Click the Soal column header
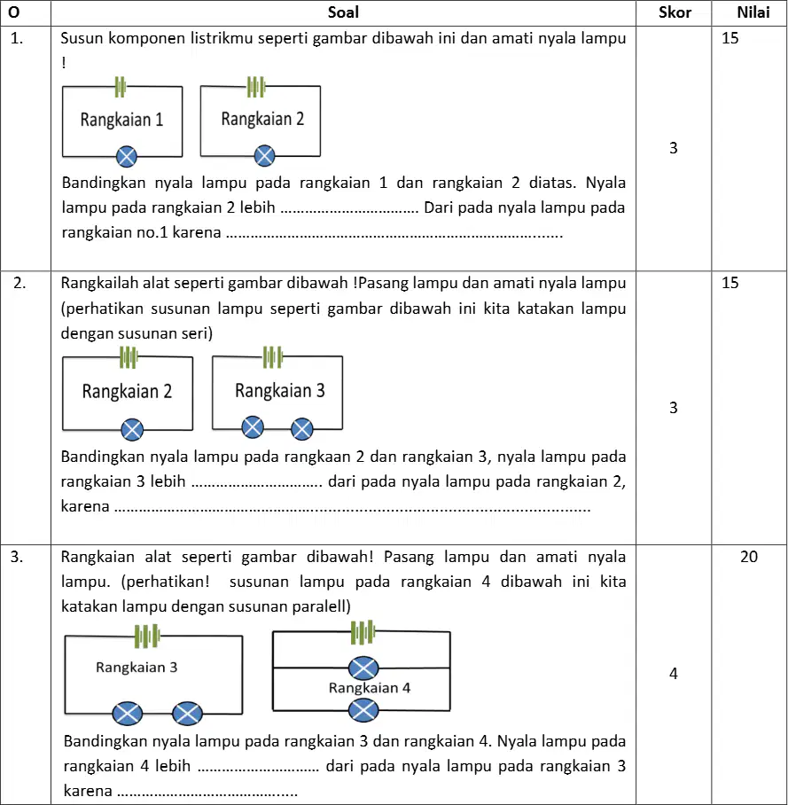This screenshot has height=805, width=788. (x=343, y=12)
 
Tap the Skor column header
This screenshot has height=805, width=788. (x=675, y=12)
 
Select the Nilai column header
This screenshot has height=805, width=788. (x=753, y=12)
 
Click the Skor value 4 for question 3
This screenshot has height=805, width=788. (x=674, y=673)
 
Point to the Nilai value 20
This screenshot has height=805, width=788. (x=749, y=557)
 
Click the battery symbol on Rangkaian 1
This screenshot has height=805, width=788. (x=121, y=87)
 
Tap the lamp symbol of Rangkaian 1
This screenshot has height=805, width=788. (x=126, y=157)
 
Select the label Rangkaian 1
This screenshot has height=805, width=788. (x=121, y=120)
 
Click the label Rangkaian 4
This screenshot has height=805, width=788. (x=370, y=688)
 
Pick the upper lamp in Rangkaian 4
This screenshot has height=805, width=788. (x=363, y=668)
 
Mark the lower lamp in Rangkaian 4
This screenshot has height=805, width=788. (x=363, y=711)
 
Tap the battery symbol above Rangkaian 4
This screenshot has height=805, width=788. (x=363, y=632)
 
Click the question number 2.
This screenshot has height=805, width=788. (x=20, y=283)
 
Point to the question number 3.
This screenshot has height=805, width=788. (x=17, y=557)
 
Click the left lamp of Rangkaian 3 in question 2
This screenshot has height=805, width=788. (x=253, y=427)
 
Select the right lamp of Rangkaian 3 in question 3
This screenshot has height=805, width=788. (x=187, y=713)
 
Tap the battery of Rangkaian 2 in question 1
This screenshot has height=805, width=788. (x=256, y=87)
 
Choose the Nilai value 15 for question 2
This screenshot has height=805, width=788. (x=730, y=283)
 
